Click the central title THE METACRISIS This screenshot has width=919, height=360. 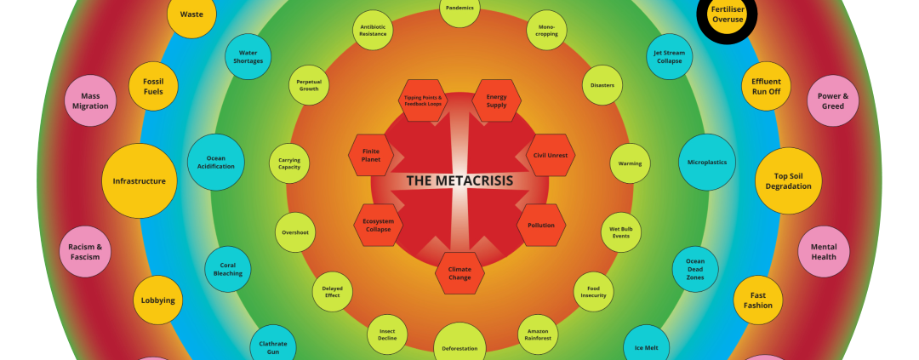point(459,180)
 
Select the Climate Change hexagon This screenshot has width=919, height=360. point(459,273)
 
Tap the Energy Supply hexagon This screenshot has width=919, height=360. point(496,100)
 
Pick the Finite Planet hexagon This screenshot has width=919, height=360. point(372,156)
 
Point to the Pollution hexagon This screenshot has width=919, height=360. point(541,226)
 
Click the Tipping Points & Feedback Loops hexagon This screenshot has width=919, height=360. point(423,100)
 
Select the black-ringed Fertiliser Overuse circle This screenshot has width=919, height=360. point(727,14)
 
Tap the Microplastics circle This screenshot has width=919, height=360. point(706,162)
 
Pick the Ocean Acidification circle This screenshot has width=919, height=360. point(216,162)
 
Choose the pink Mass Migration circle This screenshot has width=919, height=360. point(90,101)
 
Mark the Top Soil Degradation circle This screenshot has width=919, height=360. point(788,180)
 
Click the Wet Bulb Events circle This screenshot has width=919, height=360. point(620,232)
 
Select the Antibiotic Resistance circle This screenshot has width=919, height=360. point(373,30)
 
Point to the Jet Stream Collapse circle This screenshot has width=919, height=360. point(669,56)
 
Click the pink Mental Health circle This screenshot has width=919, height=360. point(823,252)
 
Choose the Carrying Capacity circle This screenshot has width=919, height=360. point(289,163)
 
